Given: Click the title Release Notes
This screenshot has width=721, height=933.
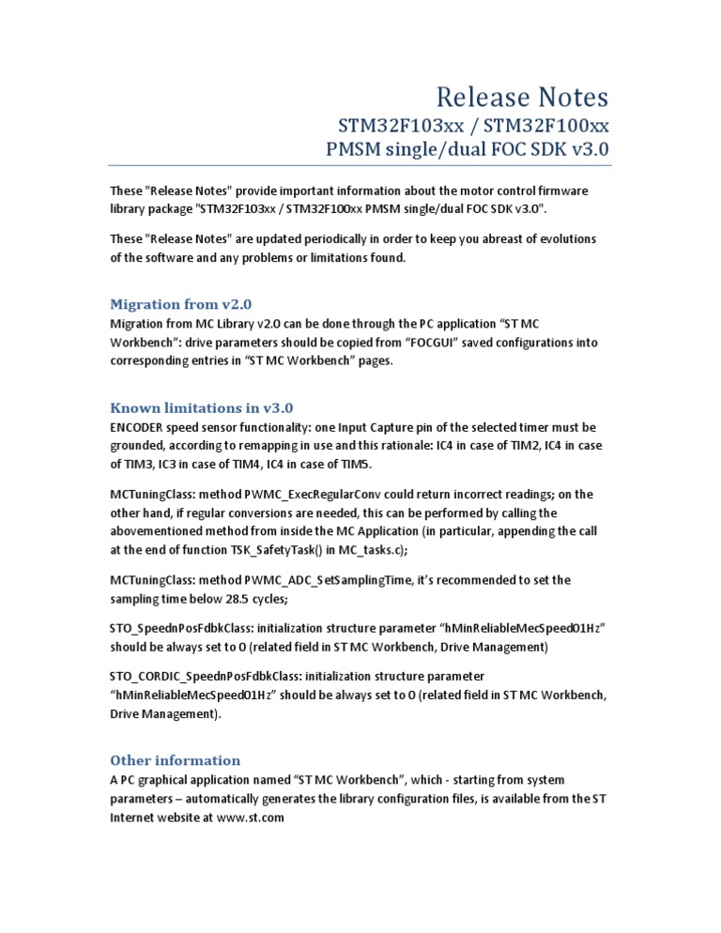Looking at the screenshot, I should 523,97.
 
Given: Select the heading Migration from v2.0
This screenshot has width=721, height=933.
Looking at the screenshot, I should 181,303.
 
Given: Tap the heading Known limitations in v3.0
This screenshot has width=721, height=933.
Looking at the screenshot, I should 202,407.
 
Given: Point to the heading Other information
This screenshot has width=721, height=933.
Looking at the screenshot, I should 176,760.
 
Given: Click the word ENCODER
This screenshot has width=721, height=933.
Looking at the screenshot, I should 141,428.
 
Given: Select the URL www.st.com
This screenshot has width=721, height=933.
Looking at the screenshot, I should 250,818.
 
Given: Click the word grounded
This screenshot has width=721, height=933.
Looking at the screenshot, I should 141,447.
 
